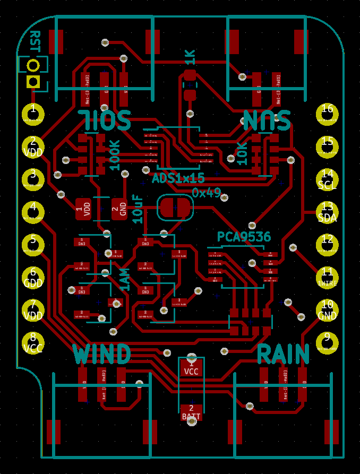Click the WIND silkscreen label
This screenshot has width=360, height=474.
pos(102,354)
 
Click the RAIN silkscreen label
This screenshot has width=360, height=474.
pos(284,354)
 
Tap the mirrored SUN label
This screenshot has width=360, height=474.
pos(267,120)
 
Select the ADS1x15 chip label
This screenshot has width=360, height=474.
pos(178,178)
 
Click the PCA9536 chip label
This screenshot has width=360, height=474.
pos(244,237)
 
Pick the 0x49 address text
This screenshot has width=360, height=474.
pos(206,193)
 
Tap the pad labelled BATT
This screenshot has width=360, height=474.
pos(191,412)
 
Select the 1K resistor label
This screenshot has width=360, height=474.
pos(190,57)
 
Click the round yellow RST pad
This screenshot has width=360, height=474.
pos(33,65)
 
